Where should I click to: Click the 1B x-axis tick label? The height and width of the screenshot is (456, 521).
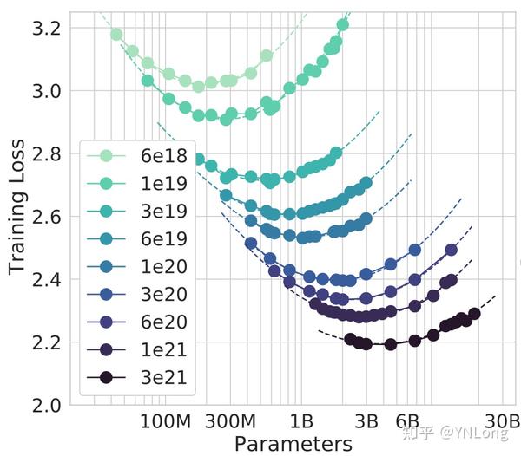pyautogui.click(x=301, y=422)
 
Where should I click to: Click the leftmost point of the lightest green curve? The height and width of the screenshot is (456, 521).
pyautogui.click(x=116, y=35)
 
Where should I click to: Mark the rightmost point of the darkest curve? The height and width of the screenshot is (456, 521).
pyautogui.click(x=474, y=314)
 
